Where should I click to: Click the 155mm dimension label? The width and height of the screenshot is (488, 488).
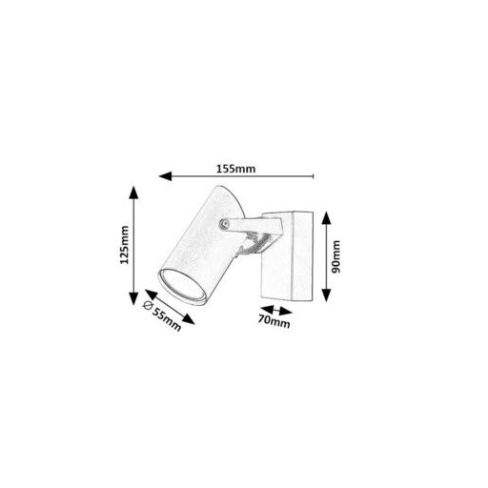[235, 169]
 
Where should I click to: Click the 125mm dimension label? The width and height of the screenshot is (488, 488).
[124, 245]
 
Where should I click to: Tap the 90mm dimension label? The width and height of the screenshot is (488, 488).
[335, 256]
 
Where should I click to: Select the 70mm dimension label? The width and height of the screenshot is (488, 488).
[274, 320]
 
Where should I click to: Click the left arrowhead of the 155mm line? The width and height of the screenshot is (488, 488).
[165, 176]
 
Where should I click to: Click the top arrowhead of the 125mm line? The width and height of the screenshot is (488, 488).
[133, 193]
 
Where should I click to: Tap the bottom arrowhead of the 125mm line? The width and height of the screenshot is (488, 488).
[133, 298]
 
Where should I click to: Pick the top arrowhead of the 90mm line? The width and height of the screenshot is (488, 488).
[326, 218]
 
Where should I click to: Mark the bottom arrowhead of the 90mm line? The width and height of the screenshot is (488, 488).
[326, 295]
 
